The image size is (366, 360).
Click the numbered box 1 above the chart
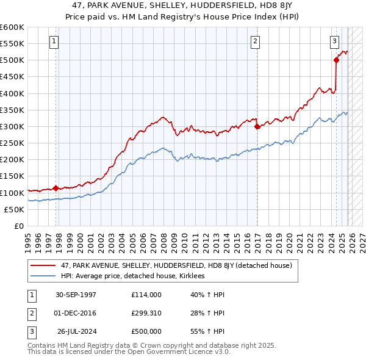coord(54,41)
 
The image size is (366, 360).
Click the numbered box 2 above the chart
coord(254,41)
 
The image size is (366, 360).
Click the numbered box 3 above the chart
coord(335,41)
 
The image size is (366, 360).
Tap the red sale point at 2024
coord(336,60)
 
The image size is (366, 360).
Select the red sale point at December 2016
coord(257,127)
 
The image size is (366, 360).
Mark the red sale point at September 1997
coord(56,188)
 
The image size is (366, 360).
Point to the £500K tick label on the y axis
coord(12,60)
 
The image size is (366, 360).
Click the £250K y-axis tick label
coord(12,143)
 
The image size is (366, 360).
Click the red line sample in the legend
coord(44,265)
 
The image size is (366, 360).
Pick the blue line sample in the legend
coord(44,276)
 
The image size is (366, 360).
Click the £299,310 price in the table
coord(146,313)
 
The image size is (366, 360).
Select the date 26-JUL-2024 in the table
coord(76,331)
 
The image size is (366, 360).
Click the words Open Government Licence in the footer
coord(182,352)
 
